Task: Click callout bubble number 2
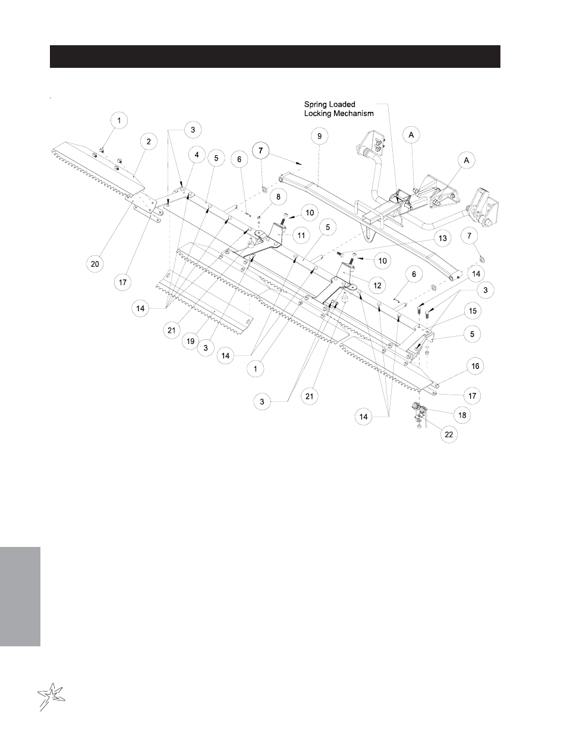(149, 141)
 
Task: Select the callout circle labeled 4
(194, 154)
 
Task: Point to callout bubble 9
(319, 136)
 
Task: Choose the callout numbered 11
(301, 236)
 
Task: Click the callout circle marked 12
(377, 286)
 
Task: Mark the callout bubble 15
(472, 311)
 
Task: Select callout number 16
(475, 367)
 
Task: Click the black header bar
(275, 57)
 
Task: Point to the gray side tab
(20, 595)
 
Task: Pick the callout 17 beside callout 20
(122, 283)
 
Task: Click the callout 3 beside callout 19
(206, 347)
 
